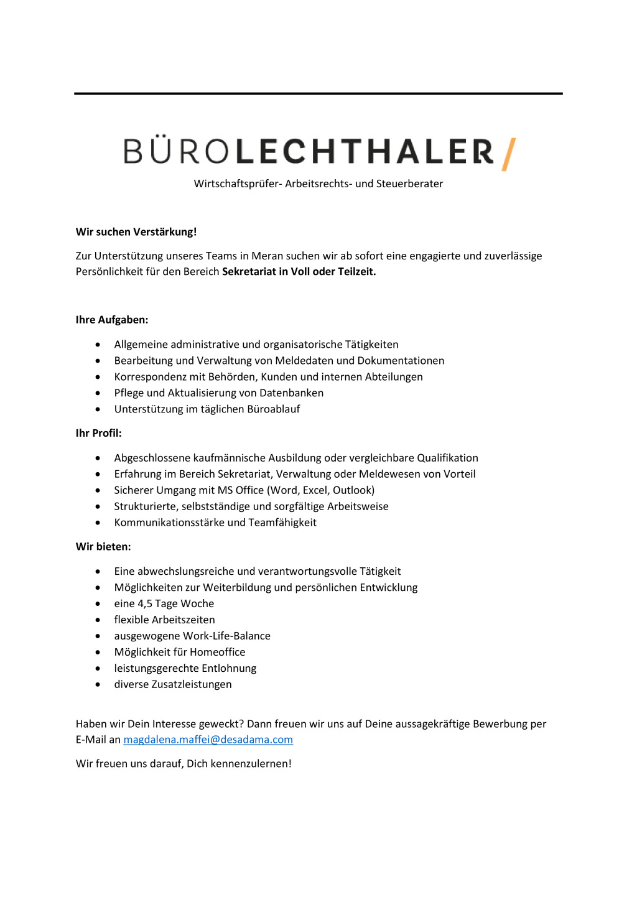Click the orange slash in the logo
[509, 154]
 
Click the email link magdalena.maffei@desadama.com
[208, 740]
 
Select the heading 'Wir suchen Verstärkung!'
[136, 232]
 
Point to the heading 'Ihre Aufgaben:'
[112, 320]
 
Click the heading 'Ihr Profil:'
[99, 433]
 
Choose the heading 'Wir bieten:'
[103, 547]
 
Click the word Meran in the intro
[267, 256]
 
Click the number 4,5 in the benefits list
[145, 603]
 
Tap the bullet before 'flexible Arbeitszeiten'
[98, 620]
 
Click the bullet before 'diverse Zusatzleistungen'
[98, 685]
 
